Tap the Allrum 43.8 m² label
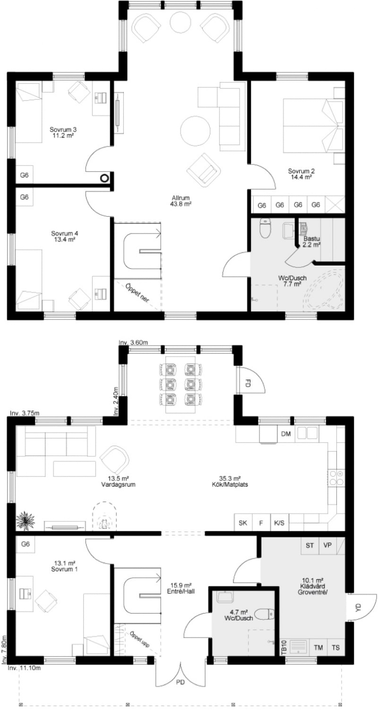tap(181, 201)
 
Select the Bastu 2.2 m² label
tap(311, 241)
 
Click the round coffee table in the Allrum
tap(195, 131)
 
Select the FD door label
tap(248, 383)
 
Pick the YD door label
tap(358, 607)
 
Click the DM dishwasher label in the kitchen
tap(286, 434)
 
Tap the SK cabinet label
tap(242, 522)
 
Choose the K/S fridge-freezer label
tap(279, 522)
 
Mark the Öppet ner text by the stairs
tap(137, 293)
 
